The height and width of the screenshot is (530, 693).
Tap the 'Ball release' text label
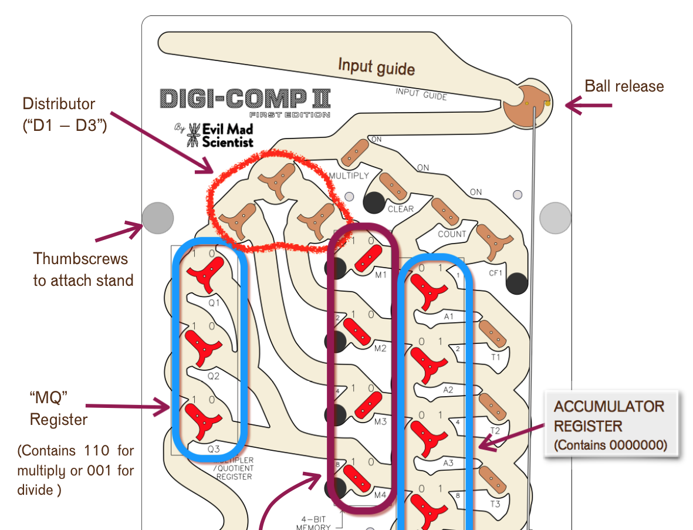point(624,86)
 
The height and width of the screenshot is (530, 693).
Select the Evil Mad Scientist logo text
point(226,135)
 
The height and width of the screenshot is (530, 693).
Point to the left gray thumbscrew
point(158,217)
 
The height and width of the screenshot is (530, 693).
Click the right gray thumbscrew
point(555,217)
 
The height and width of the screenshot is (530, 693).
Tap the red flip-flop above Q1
point(206,273)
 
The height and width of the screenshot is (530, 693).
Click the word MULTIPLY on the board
point(349,176)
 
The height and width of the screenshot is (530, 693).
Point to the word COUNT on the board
point(452,234)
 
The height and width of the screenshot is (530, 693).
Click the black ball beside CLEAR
point(374,202)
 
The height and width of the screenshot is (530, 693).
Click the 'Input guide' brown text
point(376,66)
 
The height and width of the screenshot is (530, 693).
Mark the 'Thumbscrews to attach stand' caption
point(83,269)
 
